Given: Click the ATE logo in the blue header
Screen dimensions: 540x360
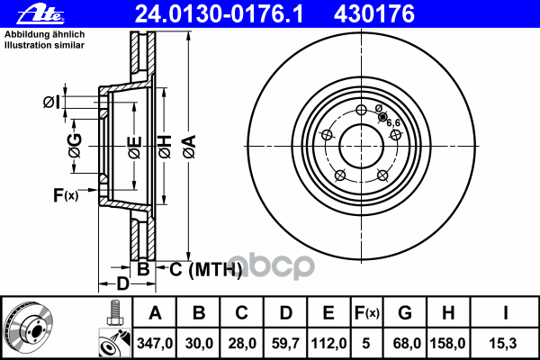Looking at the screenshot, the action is click(x=40, y=14).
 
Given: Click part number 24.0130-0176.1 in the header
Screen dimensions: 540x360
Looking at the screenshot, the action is click(x=220, y=14).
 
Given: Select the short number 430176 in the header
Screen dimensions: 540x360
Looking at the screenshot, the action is click(x=374, y=14).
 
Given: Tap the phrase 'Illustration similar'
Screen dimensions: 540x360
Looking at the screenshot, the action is click(x=44, y=45).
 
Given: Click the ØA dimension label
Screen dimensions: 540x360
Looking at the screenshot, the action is click(x=190, y=147).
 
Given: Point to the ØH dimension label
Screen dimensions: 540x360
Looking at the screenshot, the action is click(x=165, y=147).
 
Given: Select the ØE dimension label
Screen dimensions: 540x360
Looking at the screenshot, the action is click(x=135, y=147).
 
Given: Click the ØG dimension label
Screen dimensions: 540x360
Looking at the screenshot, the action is click(x=75, y=146).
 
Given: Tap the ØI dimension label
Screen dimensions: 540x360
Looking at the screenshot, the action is click(x=52, y=102).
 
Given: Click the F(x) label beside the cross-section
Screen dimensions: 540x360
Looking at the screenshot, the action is click(x=66, y=195).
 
